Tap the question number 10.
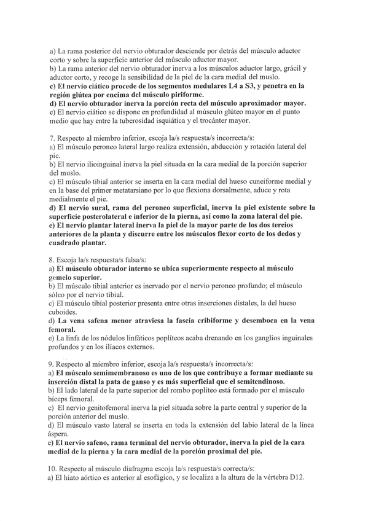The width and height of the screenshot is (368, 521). [x=52, y=468]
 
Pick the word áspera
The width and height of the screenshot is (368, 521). [x=61, y=433]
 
